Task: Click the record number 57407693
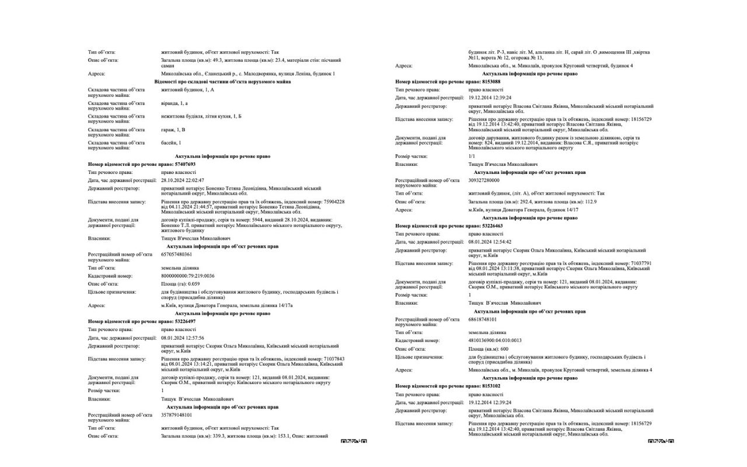click(x=183, y=165)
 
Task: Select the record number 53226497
click(x=183, y=322)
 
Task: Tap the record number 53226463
click(x=491, y=225)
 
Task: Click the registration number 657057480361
click(x=176, y=255)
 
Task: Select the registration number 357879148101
click(x=176, y=415)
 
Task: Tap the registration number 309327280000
click(x=483, y=180)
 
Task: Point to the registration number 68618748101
click(x=482, y=319)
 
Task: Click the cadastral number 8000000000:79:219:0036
click(x=188, y=276)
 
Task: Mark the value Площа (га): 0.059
click(x=177, y=284)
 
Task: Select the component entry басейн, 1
click(x=171, y=143)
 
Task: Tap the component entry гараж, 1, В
click(x=173, y=130)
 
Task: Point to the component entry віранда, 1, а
click(x=174, y=103)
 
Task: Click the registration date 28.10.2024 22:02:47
click(x=183, y=180)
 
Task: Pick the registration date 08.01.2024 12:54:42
click(x=490, y=242)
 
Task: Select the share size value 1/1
click(x=472, y=156)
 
